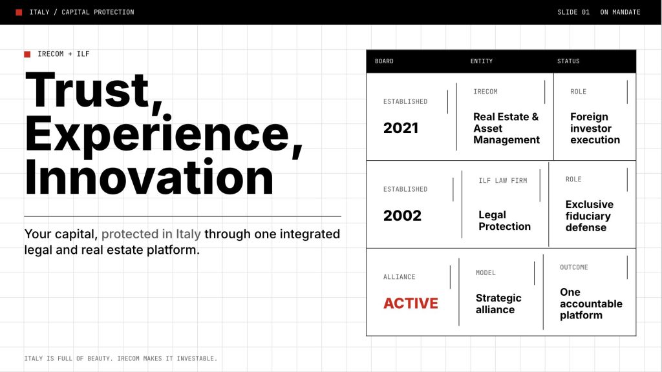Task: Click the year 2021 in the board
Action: pos(401,128)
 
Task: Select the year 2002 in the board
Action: pos(402,216)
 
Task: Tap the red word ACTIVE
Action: pos(411,304)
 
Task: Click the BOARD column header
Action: pos(384,61)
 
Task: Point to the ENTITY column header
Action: pos(482,61)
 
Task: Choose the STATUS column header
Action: pos(568,61)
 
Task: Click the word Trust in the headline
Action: pos(87,90)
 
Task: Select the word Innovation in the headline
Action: pos(149,177)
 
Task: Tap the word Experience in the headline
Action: pos(157,134)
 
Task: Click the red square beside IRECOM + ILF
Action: pos(27,54)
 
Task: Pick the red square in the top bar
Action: pos(19,12)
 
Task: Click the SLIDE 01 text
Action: pos(573,12)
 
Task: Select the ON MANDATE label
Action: pos(620,12)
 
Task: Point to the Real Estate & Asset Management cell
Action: pos(506,129)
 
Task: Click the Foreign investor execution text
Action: pos(595,129)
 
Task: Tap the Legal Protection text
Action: pos(504,221)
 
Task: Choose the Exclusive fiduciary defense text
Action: pos(590,216)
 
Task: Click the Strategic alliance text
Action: pos(498,304)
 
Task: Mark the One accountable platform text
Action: pos(591,304)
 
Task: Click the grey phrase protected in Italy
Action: pos(151,234)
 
